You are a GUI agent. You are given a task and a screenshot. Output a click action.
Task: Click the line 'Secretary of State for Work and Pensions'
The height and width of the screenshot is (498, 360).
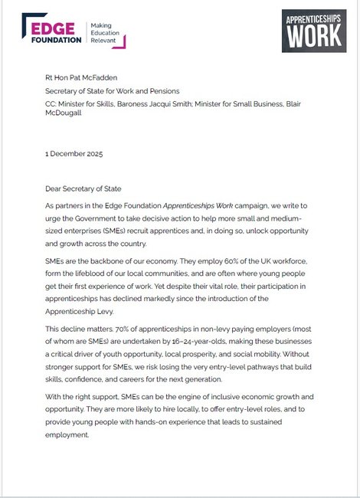tap(115, 91)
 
